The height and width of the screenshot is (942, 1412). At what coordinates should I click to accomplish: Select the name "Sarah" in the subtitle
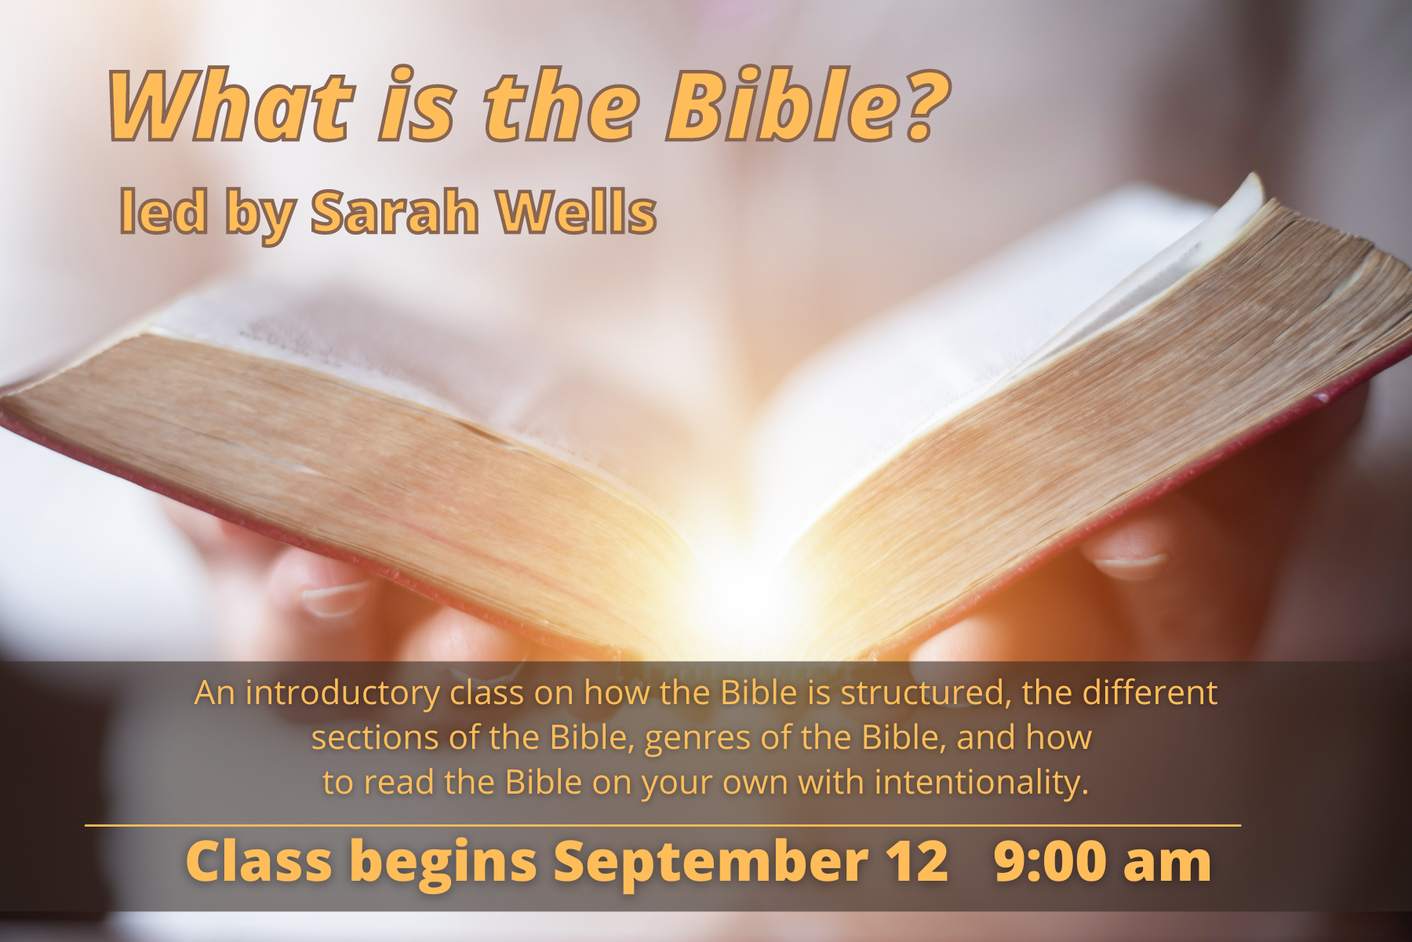[x=395, y=212]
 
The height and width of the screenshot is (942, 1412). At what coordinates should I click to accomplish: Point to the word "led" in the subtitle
[x=163, y=212]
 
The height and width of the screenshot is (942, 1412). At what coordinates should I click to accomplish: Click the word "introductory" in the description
[x=343, y=693]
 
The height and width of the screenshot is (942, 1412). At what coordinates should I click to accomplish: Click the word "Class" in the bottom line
[x=259, y=860]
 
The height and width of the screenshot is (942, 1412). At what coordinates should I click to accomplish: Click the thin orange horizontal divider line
[x=663, y=825]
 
